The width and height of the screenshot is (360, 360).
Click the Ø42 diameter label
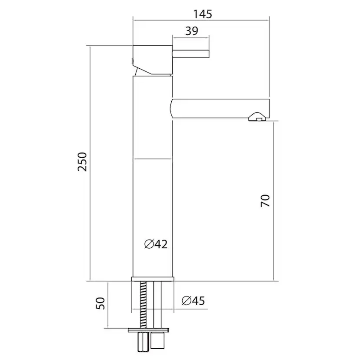[156, 244]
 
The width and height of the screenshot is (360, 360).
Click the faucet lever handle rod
[192, 54]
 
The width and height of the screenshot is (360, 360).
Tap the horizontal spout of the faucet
[217, 107]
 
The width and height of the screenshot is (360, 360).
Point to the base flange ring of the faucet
[153, 278]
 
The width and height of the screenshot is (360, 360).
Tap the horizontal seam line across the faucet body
[153, 159]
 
